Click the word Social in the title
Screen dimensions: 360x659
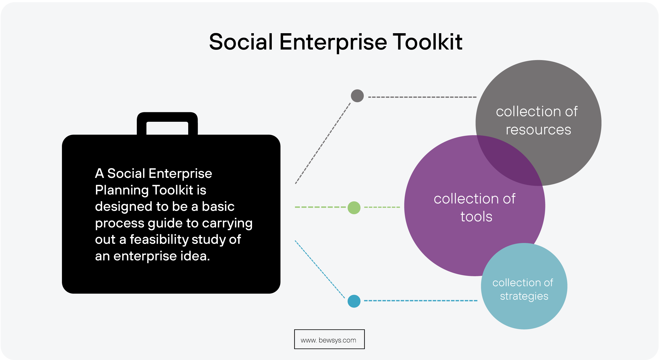pos(241,42)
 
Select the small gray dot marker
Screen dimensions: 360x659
pos(357,96)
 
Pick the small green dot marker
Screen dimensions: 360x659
pos(354,208)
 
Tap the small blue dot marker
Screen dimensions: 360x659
pos(354,301)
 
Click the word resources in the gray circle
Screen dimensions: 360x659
pos(538,130)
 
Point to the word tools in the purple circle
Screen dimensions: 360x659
pos(476,217)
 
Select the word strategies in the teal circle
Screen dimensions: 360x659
pos(524,296)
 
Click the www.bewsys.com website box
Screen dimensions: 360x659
pos(329,339)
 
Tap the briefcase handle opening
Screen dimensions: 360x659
pos(167,128)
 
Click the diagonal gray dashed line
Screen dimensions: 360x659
pos(323,143)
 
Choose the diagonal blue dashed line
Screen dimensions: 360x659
pos(319,269)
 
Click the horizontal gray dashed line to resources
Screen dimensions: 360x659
pos(422,97)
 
